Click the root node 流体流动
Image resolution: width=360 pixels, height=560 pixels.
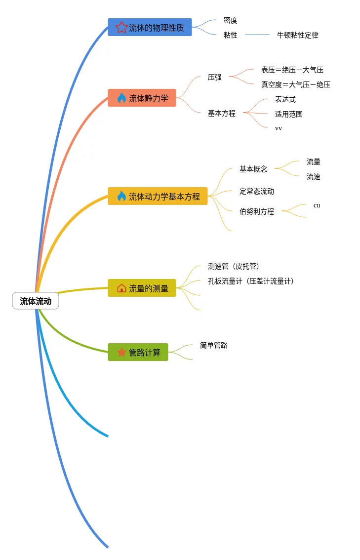point(36,301)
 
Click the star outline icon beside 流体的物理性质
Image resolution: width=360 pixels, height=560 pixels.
point(121,28)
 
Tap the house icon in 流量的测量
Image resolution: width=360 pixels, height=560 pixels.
point(121,288)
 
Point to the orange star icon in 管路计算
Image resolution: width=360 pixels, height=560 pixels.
point(121,353)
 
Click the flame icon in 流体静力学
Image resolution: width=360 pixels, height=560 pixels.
point(121,98)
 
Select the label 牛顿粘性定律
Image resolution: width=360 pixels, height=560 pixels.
point(297,35)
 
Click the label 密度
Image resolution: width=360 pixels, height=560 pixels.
point(230,20)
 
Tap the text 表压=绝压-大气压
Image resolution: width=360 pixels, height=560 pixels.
point(292,70)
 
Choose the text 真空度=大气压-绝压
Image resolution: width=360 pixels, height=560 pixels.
point(295,84)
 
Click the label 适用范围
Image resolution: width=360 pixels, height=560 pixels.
point(288,114)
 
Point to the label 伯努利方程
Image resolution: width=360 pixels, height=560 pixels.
point(256,211)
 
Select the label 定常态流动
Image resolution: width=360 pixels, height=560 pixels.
point(256,191)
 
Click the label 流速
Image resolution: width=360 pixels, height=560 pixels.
point(313,176)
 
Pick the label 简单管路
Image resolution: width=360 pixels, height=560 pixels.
point(213,345)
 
